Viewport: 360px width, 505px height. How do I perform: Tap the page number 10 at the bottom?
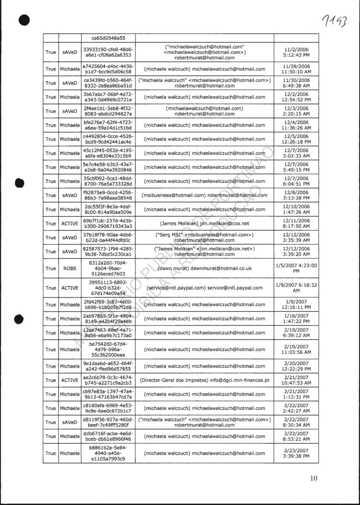314,478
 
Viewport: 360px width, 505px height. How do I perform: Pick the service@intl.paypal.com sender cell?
204,288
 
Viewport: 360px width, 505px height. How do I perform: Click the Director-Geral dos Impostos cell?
204,380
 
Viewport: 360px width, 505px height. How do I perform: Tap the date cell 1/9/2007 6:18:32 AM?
297,288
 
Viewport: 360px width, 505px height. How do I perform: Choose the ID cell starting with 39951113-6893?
108,288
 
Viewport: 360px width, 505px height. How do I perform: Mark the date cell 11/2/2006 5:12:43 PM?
297,52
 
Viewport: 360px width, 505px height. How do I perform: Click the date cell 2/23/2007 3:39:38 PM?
297,453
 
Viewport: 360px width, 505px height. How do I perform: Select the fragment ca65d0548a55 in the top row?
108,38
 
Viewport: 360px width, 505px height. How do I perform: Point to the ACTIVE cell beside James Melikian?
69,223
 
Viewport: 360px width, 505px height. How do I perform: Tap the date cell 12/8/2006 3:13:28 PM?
297,195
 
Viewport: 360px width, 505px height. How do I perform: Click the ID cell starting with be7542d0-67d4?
108,350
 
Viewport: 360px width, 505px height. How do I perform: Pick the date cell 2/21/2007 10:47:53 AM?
297,380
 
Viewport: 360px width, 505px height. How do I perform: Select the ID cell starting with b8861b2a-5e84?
108,453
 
